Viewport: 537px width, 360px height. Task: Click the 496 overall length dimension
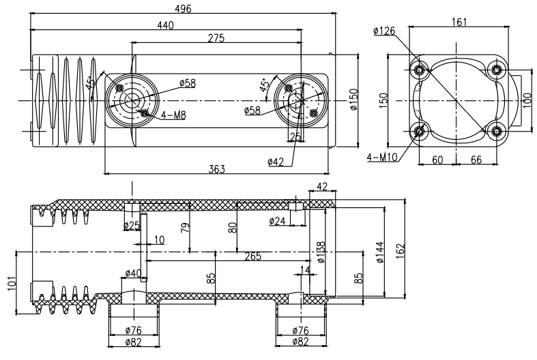point(183,8)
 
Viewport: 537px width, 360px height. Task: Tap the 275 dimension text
point(216,39)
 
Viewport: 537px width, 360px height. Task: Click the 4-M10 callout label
point(381,157)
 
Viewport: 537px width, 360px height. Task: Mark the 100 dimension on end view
point(527,100)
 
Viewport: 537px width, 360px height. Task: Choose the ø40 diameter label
point(134,274)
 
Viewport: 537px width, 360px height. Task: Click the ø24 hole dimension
point(278,221)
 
